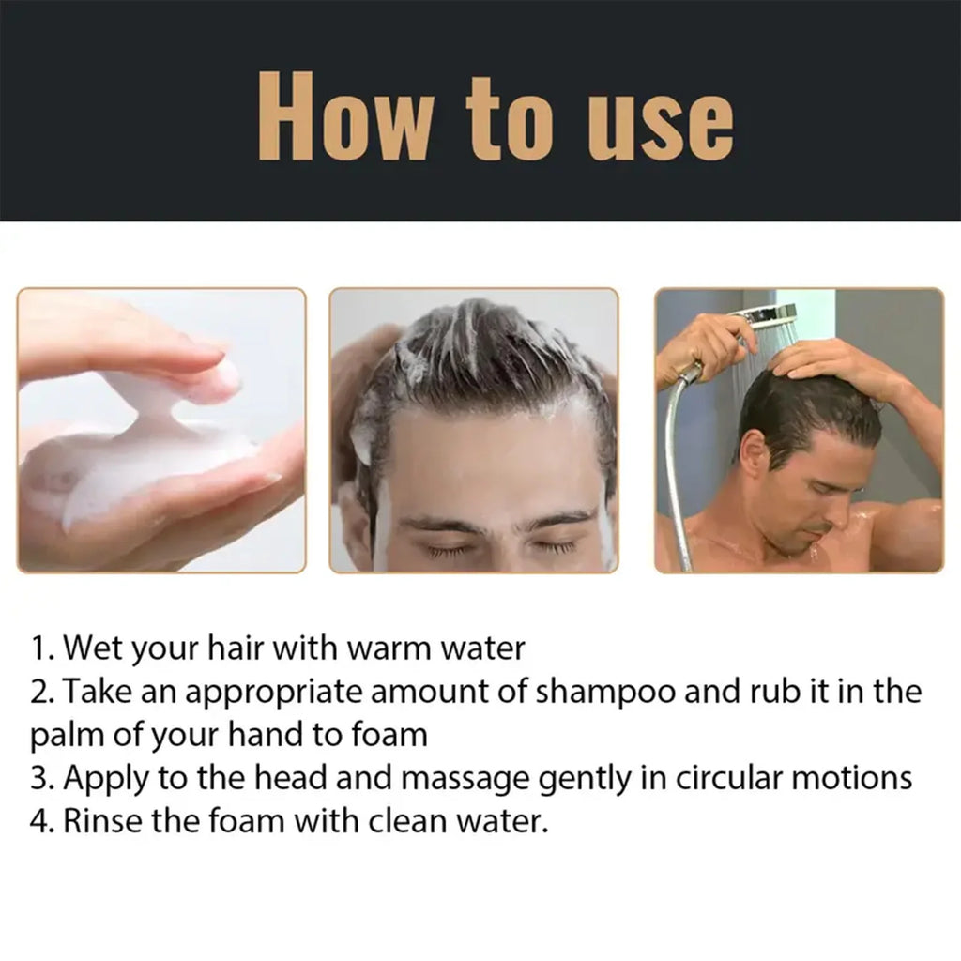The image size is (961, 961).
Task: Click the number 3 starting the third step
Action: click(x=38, y=778)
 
